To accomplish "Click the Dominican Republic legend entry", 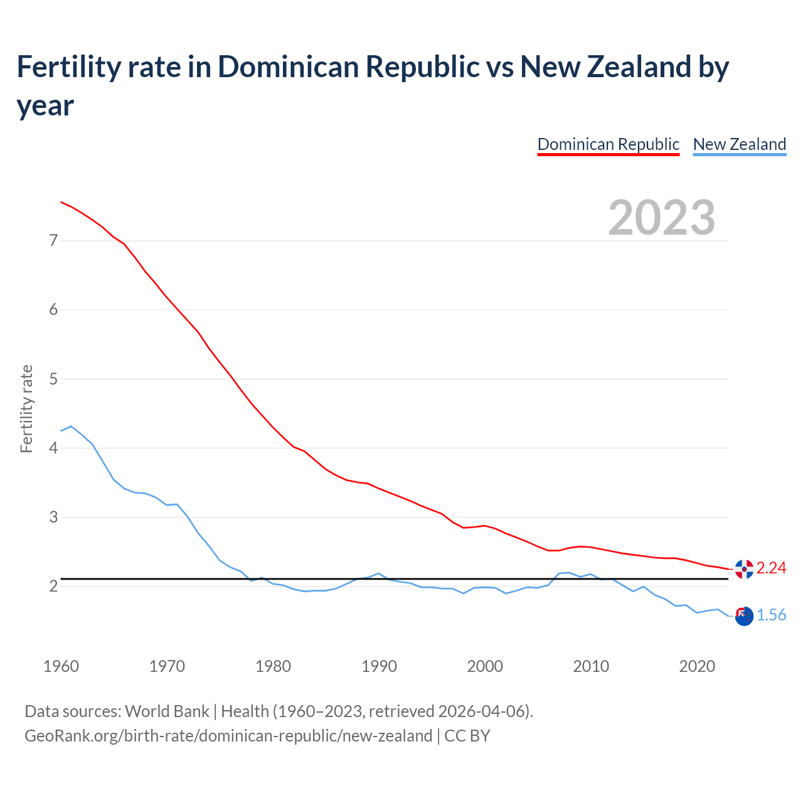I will point(608,144).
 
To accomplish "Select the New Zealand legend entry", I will point(739,144).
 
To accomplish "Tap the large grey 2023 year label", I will point(662,217).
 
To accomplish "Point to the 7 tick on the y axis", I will point(53,240).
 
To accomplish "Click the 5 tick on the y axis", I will point(53,379).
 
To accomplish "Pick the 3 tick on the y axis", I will point(53,518).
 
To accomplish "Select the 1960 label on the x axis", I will point(61,666).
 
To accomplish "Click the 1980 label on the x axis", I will point(273,666).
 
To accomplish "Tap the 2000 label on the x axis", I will point(485,666).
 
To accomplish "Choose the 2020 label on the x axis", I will point(697,666).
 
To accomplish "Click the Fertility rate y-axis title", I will point(26,408).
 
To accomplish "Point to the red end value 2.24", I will point(771,568).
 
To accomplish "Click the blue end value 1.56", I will point(771,615).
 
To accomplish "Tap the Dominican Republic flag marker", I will point(744,569).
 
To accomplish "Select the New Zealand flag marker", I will point(743,616).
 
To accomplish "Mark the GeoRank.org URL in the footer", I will point(228,735).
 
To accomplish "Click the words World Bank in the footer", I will point(167,711).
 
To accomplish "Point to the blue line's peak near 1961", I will point(71,427).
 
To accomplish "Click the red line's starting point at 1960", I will point(61,202).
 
